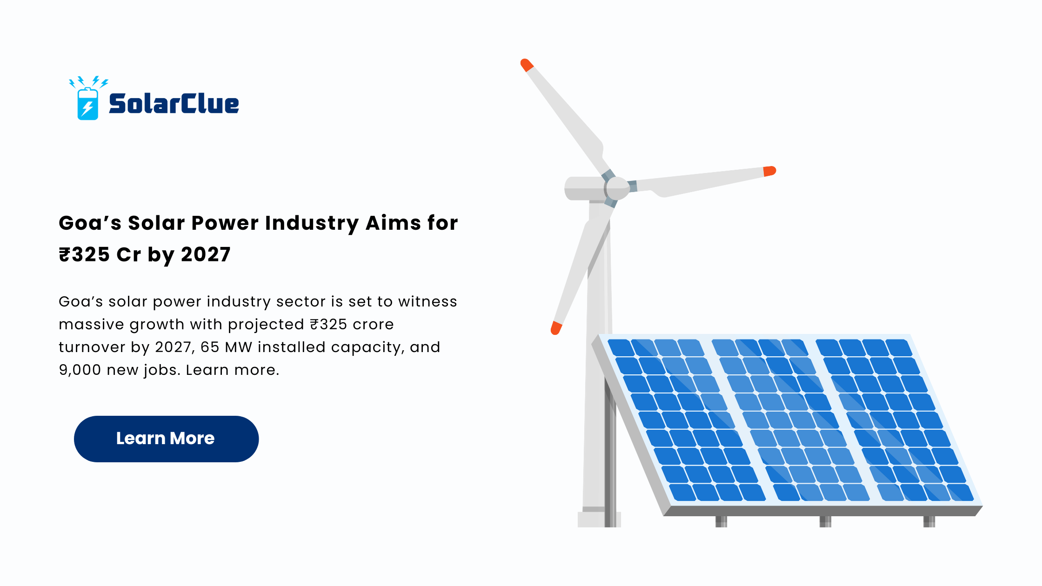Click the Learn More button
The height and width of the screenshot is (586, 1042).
point(166,439)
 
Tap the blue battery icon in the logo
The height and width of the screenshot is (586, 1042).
point(87,104)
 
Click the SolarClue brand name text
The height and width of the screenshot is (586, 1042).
point(174,103)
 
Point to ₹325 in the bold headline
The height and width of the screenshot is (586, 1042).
point(85,254)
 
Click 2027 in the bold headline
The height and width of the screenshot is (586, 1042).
point(206,254)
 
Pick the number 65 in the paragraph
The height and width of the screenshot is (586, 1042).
point(210,347)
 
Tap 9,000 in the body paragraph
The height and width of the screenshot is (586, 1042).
point(80,370)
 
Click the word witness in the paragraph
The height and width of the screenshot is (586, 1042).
point(427,301)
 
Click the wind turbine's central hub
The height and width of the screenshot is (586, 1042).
point(618,188)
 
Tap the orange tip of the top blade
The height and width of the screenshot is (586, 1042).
point(527,65)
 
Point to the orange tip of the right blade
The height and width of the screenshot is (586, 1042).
point(770,171)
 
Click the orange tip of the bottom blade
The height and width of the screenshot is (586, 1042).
point(556,328)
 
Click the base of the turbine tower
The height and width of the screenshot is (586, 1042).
point(599,519)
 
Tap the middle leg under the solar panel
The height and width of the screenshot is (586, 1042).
point(825,521)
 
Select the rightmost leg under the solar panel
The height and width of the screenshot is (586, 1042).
point(929,521)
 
